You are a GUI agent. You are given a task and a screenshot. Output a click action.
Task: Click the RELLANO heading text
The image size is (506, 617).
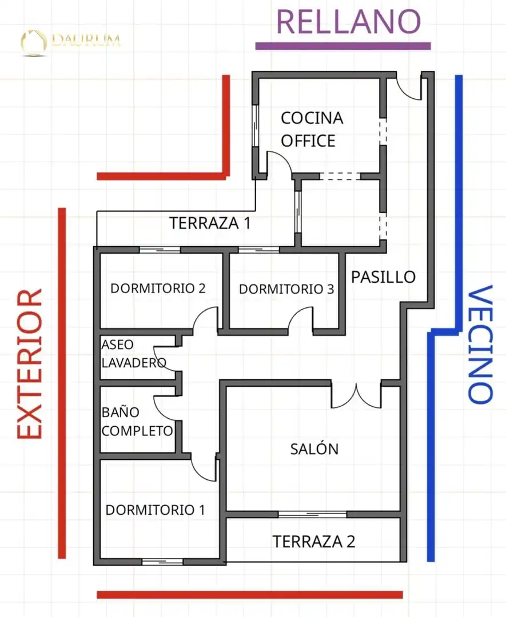[x=349, y=22]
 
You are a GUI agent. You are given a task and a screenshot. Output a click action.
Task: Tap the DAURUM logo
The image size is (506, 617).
[x=71, y=41]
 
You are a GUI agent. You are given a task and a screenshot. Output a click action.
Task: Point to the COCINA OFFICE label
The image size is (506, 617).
[x=312, y=130]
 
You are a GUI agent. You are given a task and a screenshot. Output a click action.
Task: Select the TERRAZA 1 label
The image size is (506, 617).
[x=210, y=223]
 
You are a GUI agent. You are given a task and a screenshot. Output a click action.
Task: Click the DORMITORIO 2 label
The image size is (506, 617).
[x=158, y=289]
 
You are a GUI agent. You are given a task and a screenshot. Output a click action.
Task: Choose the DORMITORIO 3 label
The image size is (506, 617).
[x=286, y=289]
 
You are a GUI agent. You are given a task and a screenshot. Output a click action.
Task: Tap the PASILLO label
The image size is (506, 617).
[x=383, y=277]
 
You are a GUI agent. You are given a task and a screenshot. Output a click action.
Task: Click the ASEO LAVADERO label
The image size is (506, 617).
[x=134, y=354]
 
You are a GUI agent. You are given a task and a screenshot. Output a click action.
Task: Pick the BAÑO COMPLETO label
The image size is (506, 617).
[x=137, y=422]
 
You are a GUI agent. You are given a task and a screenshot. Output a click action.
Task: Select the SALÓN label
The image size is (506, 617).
[x=314, y=448]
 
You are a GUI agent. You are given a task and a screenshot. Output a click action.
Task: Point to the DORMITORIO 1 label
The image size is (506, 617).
[x=155, y=510]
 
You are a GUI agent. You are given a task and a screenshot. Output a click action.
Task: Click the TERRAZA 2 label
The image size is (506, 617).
[x=314, y=542]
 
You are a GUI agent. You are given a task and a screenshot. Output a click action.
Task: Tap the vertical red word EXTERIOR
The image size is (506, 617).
[x=30, y=364]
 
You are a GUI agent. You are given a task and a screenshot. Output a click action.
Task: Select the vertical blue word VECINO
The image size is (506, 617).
[x=480, y=344]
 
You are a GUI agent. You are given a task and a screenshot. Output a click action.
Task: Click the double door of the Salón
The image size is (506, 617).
[x=356, y=395]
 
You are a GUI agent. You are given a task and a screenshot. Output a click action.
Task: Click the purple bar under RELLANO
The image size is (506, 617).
[x=343, y=46]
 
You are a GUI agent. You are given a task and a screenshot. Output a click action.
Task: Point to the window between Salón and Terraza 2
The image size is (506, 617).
[x=313, y=514]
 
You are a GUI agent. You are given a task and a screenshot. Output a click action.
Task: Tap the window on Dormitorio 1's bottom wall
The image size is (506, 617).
[x=162, y=562]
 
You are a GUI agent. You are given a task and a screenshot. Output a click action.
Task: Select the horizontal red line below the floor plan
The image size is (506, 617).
[x=250, y=595]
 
